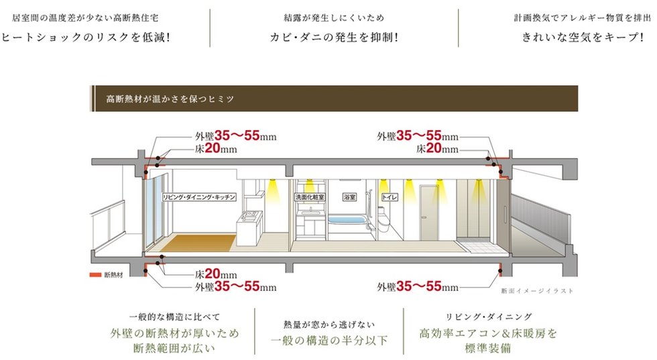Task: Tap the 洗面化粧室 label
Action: (x=310, y=198)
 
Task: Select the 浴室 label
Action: (x=349, y=198)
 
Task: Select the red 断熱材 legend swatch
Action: (x=95, y=275)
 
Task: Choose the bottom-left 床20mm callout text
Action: (x=216, y=274)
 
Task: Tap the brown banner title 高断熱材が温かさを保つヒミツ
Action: (x=170, y=99)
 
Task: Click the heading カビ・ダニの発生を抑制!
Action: (x=334, y=38)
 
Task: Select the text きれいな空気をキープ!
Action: (x=583, y=38)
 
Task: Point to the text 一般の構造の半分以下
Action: (x=329, y=341)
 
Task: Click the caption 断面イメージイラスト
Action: (x=538, y=292)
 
